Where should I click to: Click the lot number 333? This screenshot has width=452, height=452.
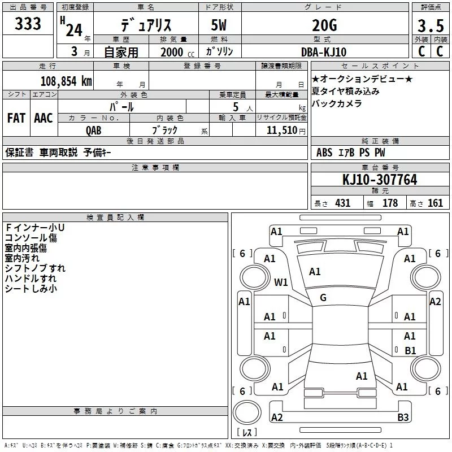point(28,24)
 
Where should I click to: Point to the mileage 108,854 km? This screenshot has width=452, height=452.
point(66,81)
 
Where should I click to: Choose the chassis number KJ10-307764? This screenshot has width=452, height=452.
point(380,180)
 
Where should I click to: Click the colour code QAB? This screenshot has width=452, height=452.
point(94,130)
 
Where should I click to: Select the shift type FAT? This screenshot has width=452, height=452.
point(16,118)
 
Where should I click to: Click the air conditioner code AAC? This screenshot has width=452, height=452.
point(44,118)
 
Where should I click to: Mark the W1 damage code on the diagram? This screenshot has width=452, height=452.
point(281,282)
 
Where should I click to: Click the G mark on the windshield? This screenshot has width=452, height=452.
point(323,298)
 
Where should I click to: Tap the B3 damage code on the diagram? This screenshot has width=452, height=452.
point(403,418)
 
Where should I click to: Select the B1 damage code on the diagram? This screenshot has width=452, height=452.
point(411,351)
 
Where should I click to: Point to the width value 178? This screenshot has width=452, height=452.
point(390,203)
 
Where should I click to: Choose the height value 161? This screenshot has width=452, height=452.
point(435,203)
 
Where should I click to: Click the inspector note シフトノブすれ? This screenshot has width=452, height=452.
point(35,268)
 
